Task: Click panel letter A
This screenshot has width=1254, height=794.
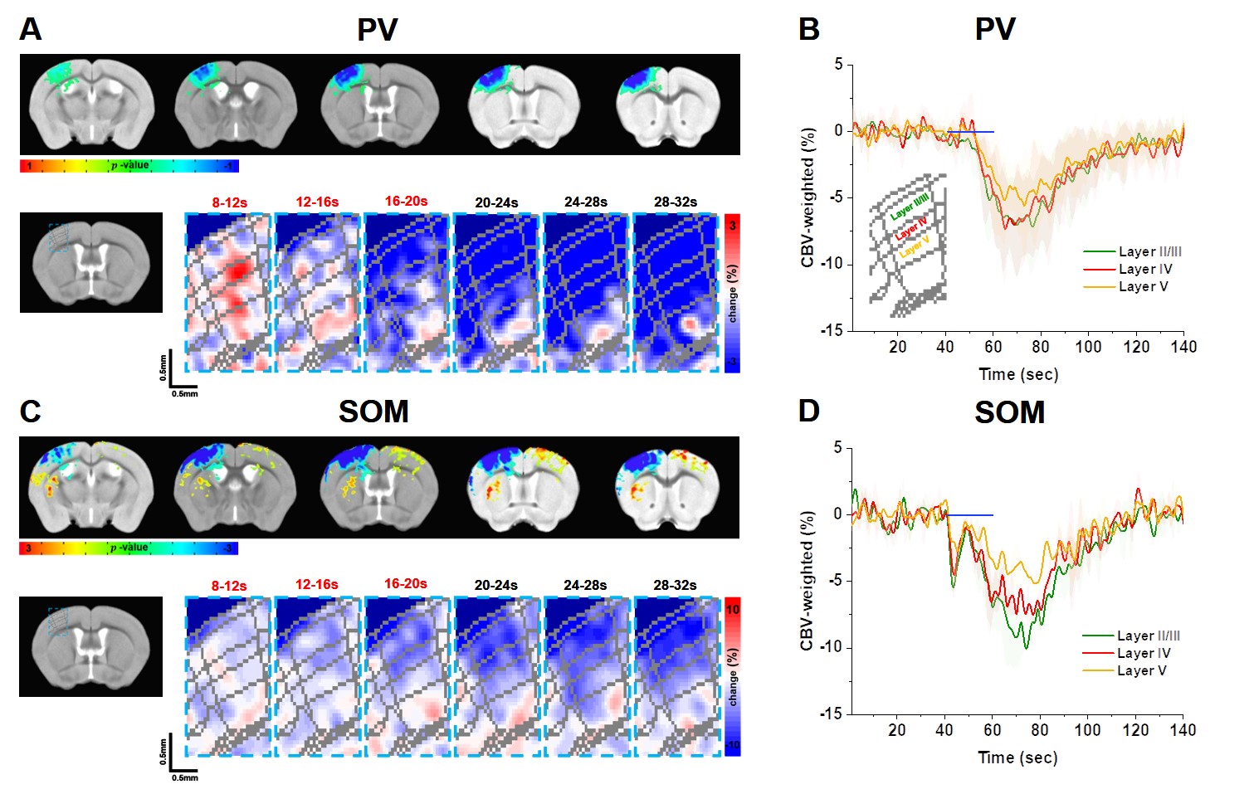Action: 31,29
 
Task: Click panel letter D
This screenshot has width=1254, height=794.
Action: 808,411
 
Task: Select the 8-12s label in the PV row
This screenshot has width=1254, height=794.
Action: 229,202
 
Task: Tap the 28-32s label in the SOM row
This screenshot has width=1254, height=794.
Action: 675,585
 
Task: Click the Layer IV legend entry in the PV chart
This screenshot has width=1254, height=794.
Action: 1144,269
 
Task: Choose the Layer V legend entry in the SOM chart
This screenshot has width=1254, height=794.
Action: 1141,670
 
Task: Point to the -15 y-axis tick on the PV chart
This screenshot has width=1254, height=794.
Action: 832,330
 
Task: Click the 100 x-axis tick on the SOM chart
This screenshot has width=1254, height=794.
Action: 1087,730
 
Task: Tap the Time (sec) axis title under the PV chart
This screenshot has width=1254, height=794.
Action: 1018,374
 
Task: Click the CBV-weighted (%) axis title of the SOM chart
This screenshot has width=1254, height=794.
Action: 807,581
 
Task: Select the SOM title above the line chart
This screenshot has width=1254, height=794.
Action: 1009,412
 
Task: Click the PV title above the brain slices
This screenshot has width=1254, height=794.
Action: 377,30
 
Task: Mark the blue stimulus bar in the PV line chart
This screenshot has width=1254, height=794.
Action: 970,132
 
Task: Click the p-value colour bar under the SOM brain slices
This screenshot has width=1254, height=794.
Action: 129,548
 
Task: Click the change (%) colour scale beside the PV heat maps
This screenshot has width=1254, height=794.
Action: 732,294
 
